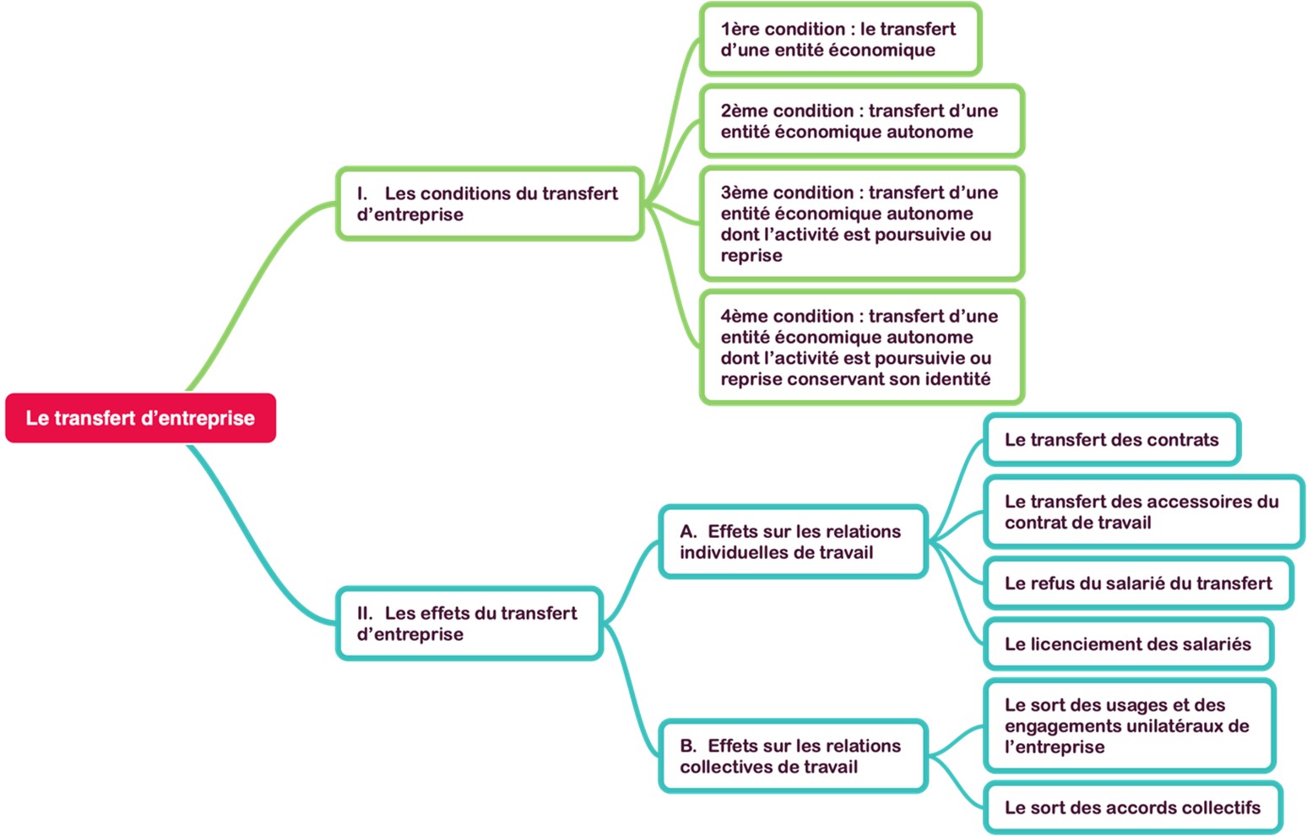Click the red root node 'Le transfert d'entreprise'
pos(140,418)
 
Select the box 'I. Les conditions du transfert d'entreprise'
pos(489,204)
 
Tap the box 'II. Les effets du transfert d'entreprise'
pos(469,623)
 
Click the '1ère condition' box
pos(839,40)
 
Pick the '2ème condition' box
pos(860,121)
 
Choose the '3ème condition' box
pos(860,224)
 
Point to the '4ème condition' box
pos(860,347)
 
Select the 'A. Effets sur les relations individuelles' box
pos(792,542)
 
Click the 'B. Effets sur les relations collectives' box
pos(792,757)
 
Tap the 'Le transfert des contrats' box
pos(1111,440)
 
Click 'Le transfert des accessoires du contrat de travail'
pos(1142,512)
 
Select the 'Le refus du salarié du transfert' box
pos(1137,584)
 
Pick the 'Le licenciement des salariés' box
pos(1127,644)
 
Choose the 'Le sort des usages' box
pos(1128,725)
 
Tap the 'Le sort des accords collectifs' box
pos(1132,808)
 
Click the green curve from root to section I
pos(253,287)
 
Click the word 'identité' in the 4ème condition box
pos(957,379)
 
